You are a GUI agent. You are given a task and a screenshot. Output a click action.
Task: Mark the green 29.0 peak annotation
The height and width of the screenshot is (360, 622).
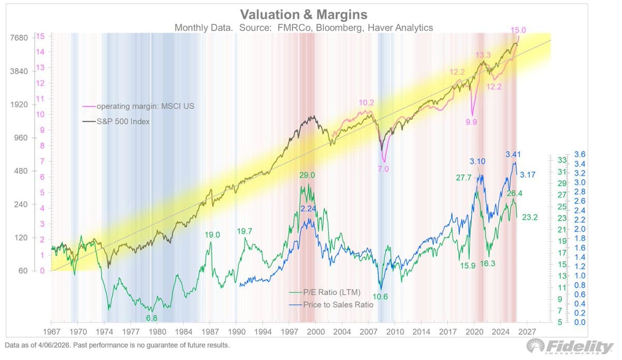307,175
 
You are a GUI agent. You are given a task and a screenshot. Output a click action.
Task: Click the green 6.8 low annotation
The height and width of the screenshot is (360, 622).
152,317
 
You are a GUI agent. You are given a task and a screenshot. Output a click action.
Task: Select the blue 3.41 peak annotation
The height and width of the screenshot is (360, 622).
513,154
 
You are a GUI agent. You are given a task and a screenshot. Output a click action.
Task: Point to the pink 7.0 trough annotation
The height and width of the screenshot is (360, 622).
383,169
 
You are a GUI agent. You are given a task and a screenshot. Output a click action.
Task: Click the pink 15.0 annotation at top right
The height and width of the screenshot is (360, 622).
518,31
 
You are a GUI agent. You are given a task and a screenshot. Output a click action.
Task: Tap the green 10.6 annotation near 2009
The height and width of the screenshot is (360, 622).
380,296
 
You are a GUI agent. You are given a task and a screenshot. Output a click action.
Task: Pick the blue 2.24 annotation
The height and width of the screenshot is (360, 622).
308,208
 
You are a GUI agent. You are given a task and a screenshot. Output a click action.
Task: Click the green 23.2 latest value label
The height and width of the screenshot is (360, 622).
530,218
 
